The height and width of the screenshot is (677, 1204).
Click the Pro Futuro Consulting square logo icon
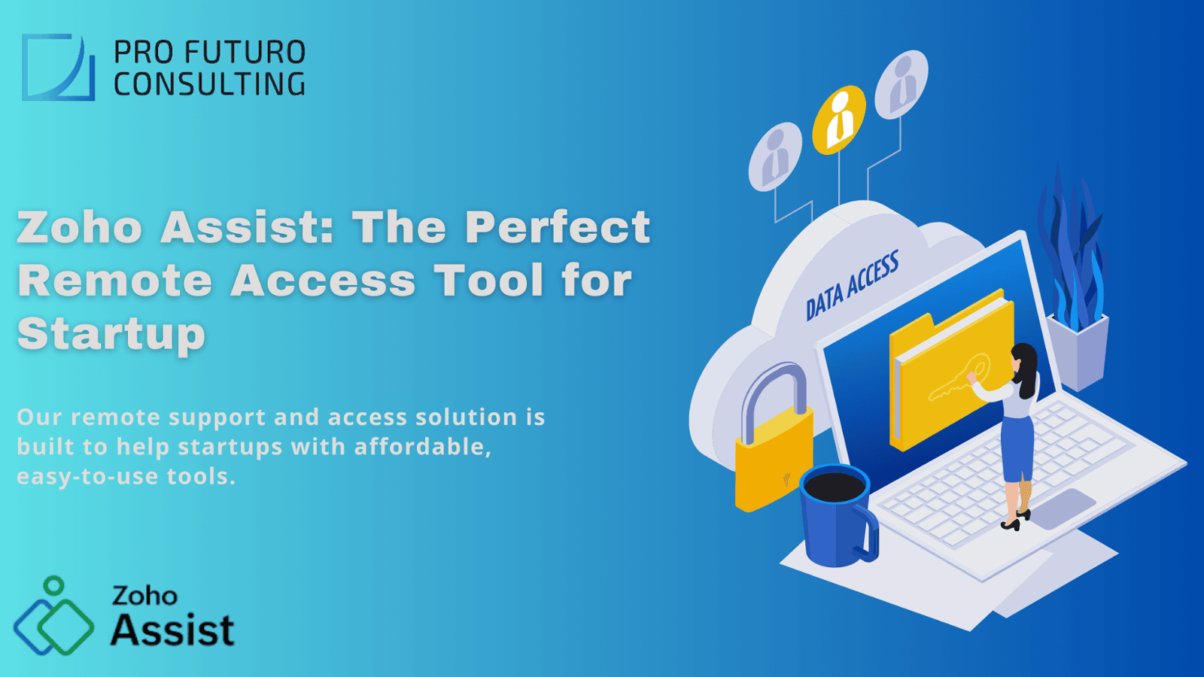tap(58, 67)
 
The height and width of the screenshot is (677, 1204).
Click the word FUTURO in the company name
tap(245, 53)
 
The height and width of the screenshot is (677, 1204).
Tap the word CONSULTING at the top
tap(209, 84)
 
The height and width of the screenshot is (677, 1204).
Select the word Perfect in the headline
tap(557, 226)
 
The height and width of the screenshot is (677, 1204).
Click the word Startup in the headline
tap(111, 334)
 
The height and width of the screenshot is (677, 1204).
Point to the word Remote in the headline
tap(115, 281)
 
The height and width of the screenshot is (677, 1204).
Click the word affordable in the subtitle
tap(422, 447)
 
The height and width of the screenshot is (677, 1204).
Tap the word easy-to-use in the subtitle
tap(87, 476)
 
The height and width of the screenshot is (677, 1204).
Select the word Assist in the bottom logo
tap(172, 630)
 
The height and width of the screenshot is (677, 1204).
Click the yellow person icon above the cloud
tap(838, 119)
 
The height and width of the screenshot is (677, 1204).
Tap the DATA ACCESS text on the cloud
tap(852, 287)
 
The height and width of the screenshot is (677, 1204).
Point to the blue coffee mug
tap(835, 518)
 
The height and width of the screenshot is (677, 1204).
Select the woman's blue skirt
tap(1017, 448)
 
